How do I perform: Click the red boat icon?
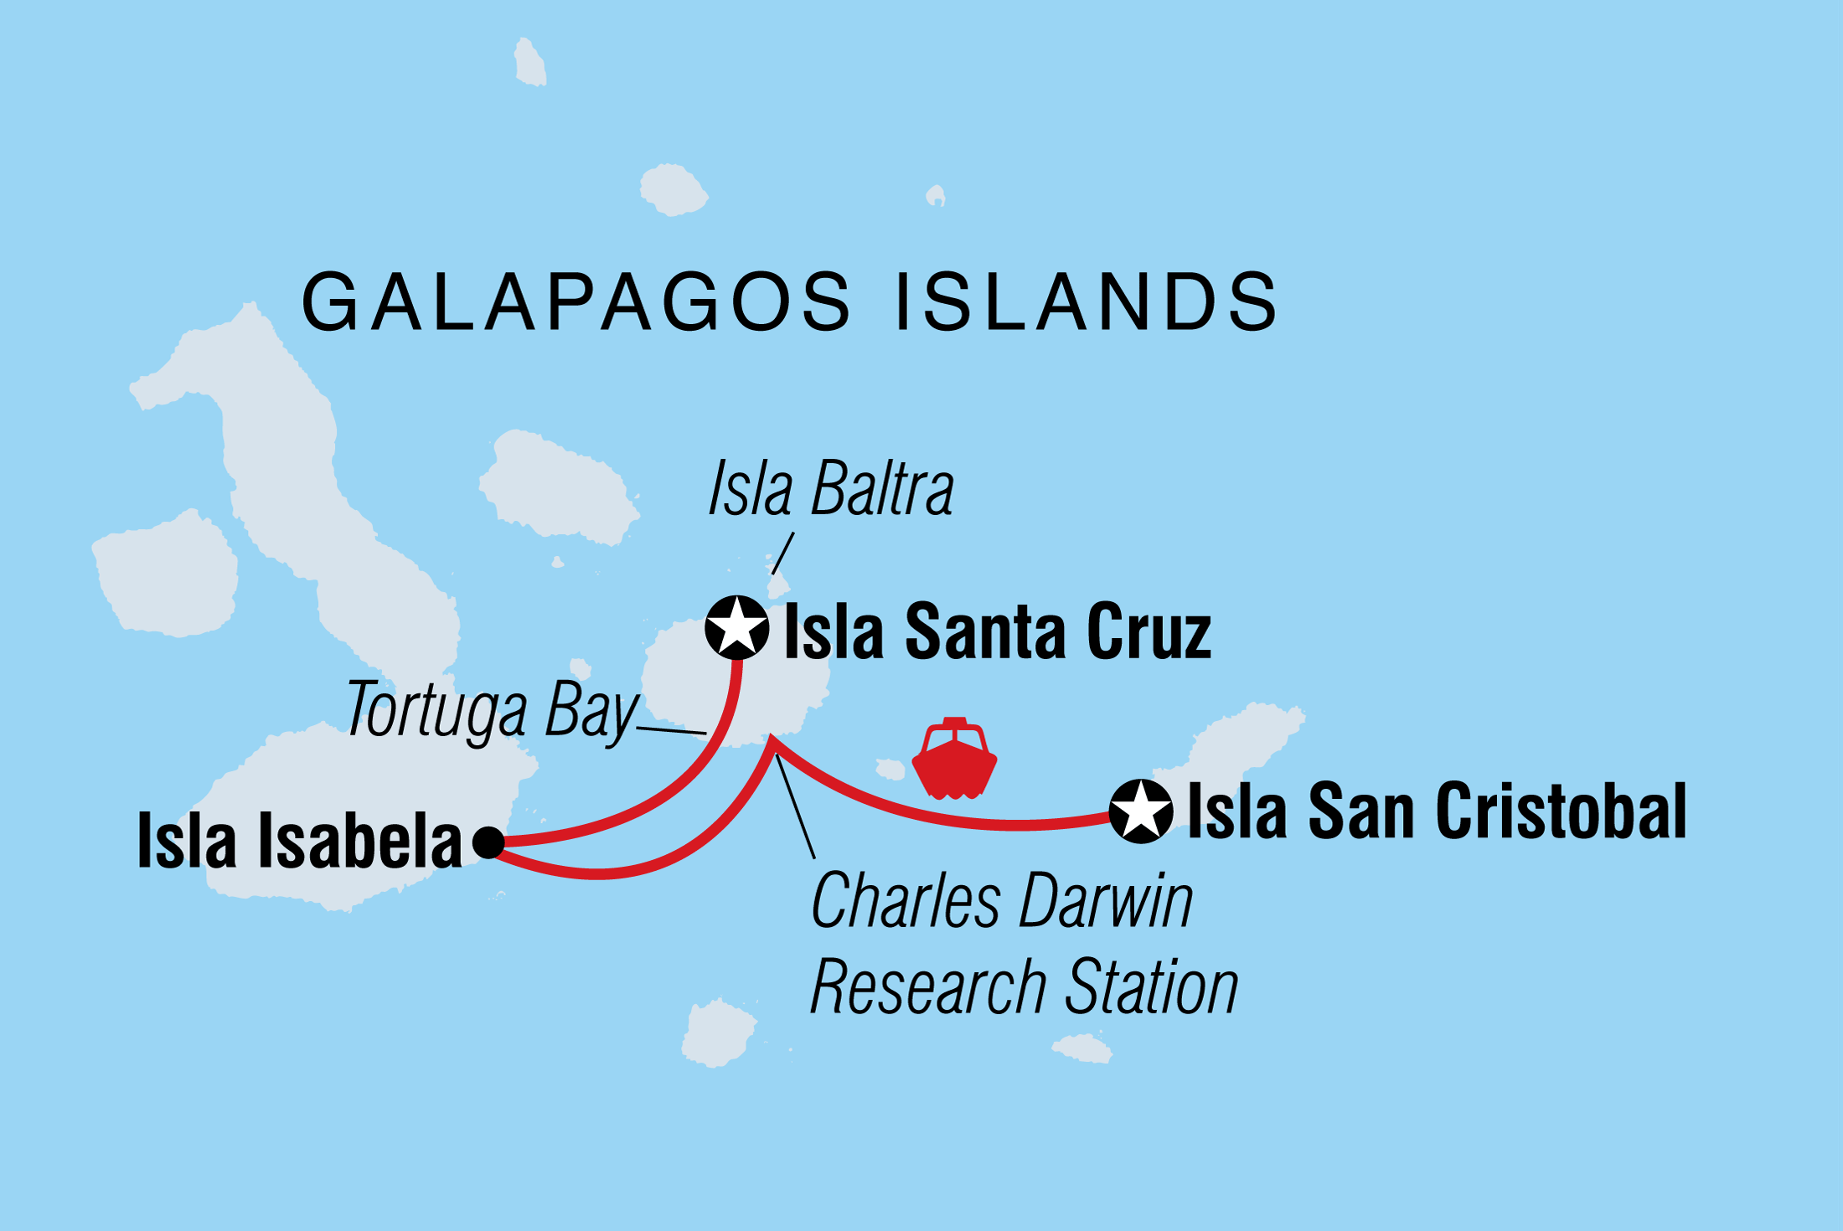coord(954,760)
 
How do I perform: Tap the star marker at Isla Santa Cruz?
coord(736,627)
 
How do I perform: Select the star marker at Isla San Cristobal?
coord(1140,811)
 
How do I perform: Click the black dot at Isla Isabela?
coord(488,842)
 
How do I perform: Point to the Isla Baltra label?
coord(831,489)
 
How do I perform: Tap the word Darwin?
coord(1106,902)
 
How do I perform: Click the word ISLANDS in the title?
coord(1087,302)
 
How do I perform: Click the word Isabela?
coord(360,841)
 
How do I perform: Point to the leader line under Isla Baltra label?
coord(782,554)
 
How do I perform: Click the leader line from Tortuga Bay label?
coord(671,730)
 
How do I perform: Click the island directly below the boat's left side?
coord(891,768)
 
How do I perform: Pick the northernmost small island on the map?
coord(529,64)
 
